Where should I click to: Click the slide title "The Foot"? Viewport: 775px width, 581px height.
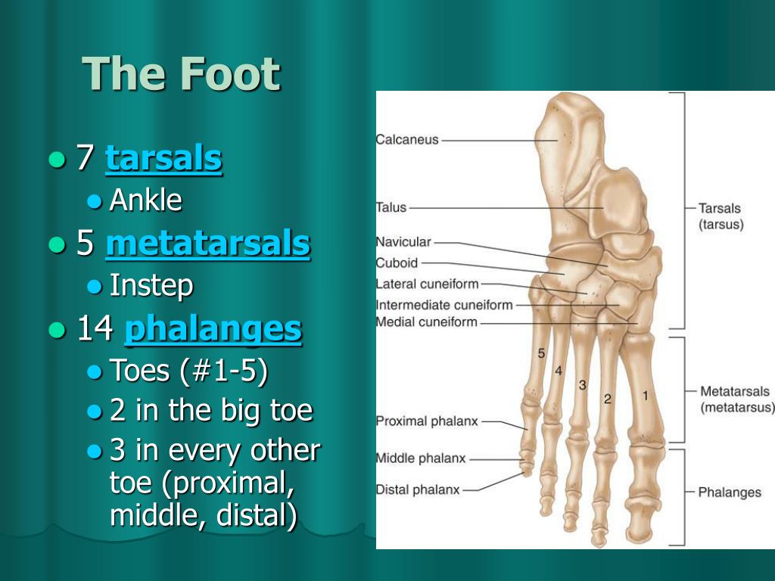(181, 73)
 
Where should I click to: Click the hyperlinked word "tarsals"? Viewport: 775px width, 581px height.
(163, 158)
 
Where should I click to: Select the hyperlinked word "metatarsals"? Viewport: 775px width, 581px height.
(208, 243)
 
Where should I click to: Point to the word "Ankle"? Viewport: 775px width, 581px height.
(146, 200)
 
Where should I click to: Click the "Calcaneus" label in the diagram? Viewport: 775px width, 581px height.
(407, 140)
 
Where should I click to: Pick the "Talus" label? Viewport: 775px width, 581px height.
(391, 207)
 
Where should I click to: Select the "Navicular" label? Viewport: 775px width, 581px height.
(403, 242)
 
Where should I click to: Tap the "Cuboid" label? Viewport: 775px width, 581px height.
(397, 263)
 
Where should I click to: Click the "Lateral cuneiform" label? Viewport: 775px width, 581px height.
(427, 284)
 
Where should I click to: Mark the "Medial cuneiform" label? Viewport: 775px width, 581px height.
(427, 322)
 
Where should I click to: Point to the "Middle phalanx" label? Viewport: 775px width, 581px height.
(421, 458)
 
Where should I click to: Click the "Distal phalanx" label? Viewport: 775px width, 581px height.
(418, 489)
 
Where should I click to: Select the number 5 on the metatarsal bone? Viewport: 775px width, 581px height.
(541, 353)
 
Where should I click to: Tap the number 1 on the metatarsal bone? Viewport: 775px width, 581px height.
(645, 395)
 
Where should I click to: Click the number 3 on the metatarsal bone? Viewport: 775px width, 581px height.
(582, 385)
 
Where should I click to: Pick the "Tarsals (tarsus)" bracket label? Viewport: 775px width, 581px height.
(721, 216)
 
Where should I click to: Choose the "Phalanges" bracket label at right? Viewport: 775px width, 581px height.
(730, 492)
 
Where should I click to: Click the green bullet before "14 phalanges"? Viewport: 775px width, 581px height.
(58, 330)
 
